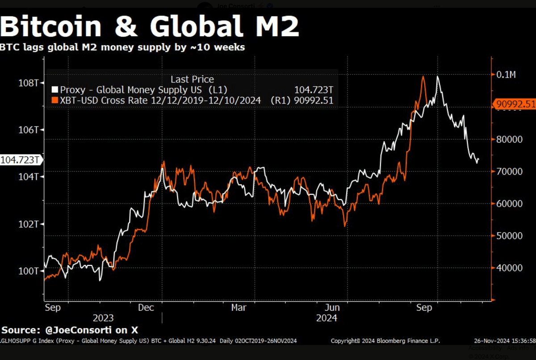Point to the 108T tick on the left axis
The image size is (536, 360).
[32, 83]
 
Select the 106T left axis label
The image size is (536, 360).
[32, 130]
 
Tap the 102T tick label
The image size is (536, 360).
[32, 224]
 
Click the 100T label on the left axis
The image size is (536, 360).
[32, 271]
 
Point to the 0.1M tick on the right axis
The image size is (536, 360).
[506, 75]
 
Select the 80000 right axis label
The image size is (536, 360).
[509, 139]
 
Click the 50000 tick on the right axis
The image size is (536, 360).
[509, 236]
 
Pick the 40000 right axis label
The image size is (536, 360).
[509, 268]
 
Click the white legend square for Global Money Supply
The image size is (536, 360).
[55, 90]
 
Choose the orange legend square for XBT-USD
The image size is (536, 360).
[55, 100]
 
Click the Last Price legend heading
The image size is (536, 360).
[193, 80]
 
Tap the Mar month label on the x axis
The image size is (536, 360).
[239, 308]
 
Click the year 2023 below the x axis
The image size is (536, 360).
[103, 318]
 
